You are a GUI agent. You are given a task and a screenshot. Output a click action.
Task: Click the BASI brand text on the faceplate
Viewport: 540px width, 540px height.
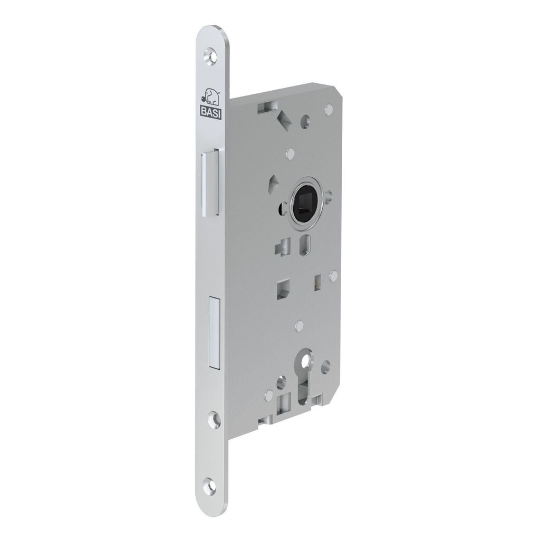211,112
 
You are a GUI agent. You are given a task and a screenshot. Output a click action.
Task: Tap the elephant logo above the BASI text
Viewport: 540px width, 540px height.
211,97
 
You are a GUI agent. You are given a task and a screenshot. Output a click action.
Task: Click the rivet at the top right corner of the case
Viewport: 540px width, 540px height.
328,109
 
